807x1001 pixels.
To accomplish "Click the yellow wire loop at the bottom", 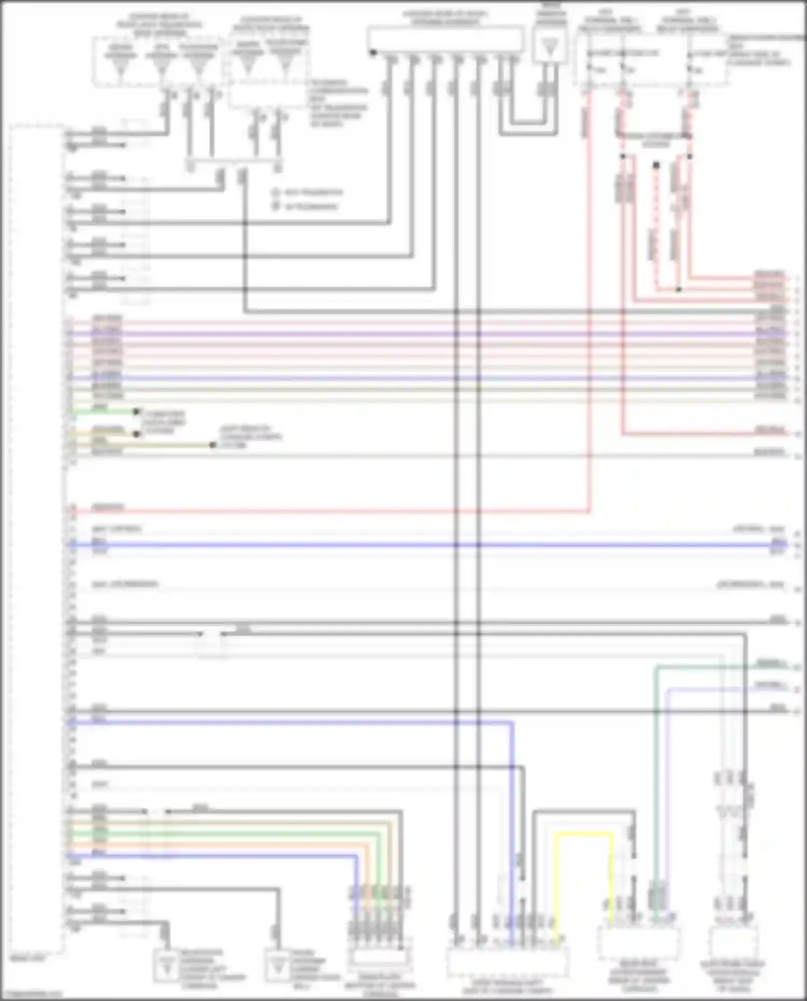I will click(584, 834).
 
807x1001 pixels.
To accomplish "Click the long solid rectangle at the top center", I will click(445, 39).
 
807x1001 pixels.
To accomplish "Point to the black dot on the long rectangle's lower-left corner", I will click(372, 53).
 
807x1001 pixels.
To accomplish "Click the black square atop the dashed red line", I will click(656, 165).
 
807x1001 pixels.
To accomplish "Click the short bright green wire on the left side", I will click(102, 412).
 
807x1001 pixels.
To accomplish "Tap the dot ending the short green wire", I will click(137, 412).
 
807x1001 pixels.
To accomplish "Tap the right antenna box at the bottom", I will click(278, 967).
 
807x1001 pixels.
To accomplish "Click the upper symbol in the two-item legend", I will click(275, 193).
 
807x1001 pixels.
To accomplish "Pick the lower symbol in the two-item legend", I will click(275, 206).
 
